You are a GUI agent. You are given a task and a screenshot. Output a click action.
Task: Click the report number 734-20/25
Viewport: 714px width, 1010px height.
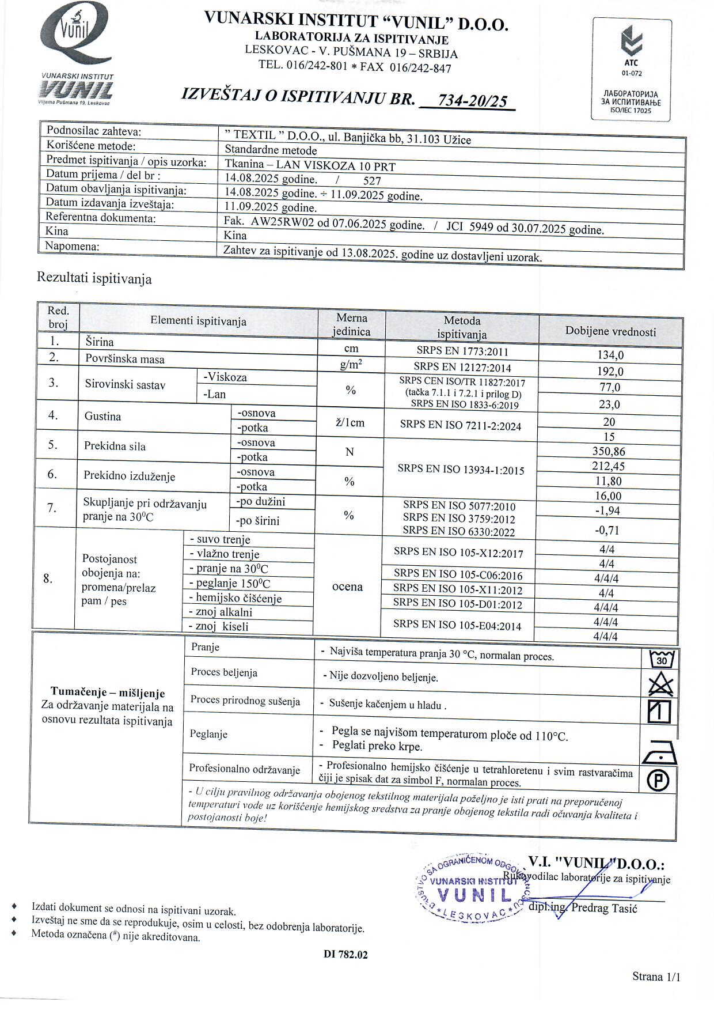472,101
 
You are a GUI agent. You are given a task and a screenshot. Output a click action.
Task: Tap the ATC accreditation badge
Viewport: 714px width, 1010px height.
632,69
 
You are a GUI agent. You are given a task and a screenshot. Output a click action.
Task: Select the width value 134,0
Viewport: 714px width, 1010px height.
610,355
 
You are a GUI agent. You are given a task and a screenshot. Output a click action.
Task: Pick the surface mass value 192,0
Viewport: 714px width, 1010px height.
610,372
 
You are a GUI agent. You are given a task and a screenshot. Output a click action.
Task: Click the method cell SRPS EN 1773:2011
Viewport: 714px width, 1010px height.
462,351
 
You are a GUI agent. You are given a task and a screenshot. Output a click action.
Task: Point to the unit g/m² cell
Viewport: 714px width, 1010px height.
351,365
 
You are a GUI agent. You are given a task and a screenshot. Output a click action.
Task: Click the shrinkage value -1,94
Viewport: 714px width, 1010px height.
607,510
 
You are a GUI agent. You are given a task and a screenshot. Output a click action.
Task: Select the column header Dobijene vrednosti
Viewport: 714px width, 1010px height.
610,331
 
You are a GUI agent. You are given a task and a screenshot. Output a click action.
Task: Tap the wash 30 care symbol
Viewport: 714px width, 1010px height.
660,659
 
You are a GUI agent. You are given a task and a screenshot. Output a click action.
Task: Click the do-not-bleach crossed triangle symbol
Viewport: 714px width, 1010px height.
660,685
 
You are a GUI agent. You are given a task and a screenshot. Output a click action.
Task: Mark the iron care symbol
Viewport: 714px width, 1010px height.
659,752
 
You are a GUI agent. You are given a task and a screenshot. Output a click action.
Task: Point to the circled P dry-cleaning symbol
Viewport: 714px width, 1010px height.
658,781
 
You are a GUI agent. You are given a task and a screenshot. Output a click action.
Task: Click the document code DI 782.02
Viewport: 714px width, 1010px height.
345,954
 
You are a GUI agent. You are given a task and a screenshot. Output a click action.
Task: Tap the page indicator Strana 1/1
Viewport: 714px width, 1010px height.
656,976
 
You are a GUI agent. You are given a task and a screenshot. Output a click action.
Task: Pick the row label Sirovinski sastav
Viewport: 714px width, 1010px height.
125,384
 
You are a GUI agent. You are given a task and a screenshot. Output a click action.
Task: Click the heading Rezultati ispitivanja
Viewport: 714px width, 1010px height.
94,279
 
